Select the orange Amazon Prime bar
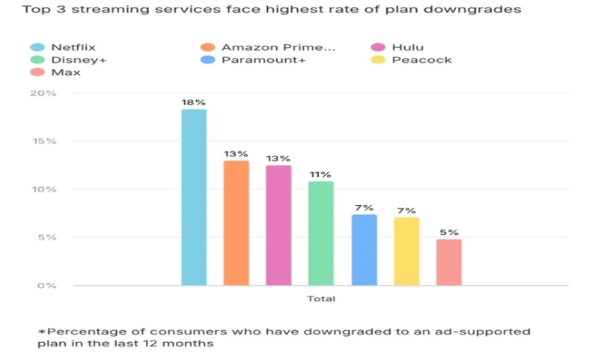[x=237, y=222]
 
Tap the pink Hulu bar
[x=278, y=225]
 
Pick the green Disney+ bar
[x=321, y=233]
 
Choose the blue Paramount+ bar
[x=364, y=249]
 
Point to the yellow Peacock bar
[x=406, y=251]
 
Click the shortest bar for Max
[x=449, y=262]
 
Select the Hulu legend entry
[x=407, y=47]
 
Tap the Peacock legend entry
[x=421, y=60]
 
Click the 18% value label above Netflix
[x=194, y=101]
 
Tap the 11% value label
[x=321, y=174]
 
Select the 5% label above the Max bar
[x=449, y=232]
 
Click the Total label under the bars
[x=321, y=299]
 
